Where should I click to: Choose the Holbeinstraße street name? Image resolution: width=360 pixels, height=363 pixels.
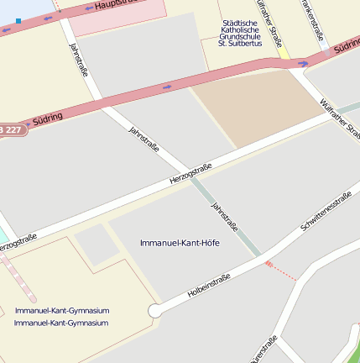(209, 284)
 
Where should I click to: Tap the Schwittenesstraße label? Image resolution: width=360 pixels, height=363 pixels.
(326, 212)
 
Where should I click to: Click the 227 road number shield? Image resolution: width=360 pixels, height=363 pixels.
(10, 129)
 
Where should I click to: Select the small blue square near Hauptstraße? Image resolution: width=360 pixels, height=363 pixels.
(18, 20)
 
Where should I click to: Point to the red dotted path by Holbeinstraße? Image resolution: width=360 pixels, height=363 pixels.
(281, 270)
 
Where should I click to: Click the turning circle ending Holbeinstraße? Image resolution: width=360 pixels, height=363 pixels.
(154, 311)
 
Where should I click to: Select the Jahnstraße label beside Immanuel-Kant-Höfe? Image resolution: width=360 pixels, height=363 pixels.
(224, 216)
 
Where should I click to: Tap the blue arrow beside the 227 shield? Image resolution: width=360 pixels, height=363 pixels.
(27, 126)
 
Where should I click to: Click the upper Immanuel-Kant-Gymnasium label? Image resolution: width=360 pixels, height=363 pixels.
(61, 311)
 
